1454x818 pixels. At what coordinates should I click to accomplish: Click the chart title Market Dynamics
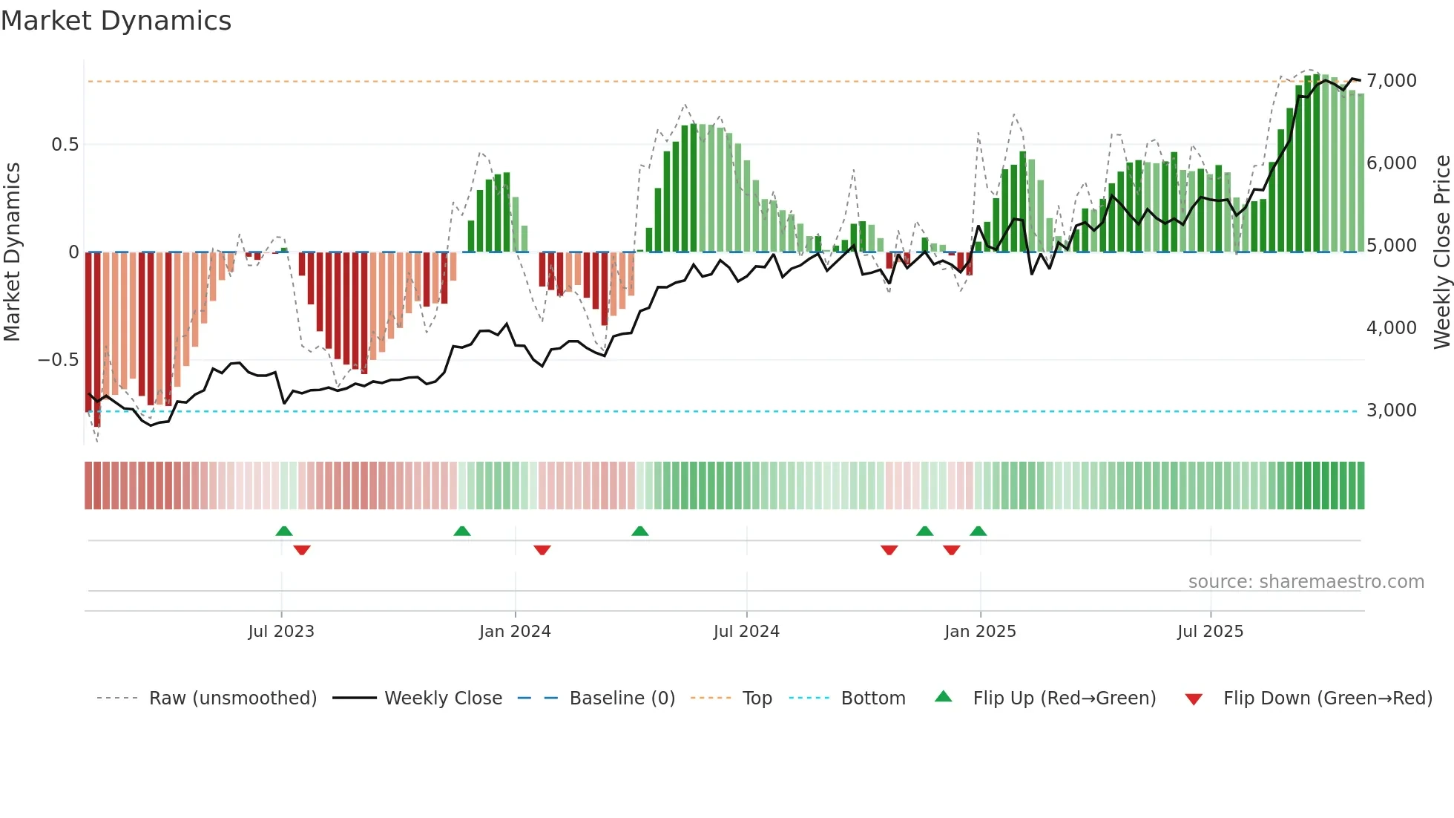(x=116, y=21)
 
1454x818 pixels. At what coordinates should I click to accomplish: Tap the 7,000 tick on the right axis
(x=1391, y=81)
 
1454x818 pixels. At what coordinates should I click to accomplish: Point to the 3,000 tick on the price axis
(x=1391, y=410)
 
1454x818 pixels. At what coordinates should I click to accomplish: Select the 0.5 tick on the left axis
(x=65, y=145)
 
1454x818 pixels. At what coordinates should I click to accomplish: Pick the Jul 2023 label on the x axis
(x=281, y=632)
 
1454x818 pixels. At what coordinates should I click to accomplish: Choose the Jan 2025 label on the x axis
(x=980, y=632)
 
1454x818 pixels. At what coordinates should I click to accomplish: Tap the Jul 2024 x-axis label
(x=746, y=632)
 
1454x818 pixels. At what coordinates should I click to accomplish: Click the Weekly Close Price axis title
(x=1441, y=252)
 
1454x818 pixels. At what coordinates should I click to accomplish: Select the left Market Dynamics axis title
(x=12, y=252)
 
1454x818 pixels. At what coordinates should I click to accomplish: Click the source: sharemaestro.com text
(x=1306, y=582)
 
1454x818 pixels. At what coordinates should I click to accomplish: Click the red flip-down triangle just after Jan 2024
(x=542, y=550)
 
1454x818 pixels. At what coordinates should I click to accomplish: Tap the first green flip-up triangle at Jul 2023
(x=284, y=531)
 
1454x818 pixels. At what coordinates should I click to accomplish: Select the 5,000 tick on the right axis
(x=1391, y=246)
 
